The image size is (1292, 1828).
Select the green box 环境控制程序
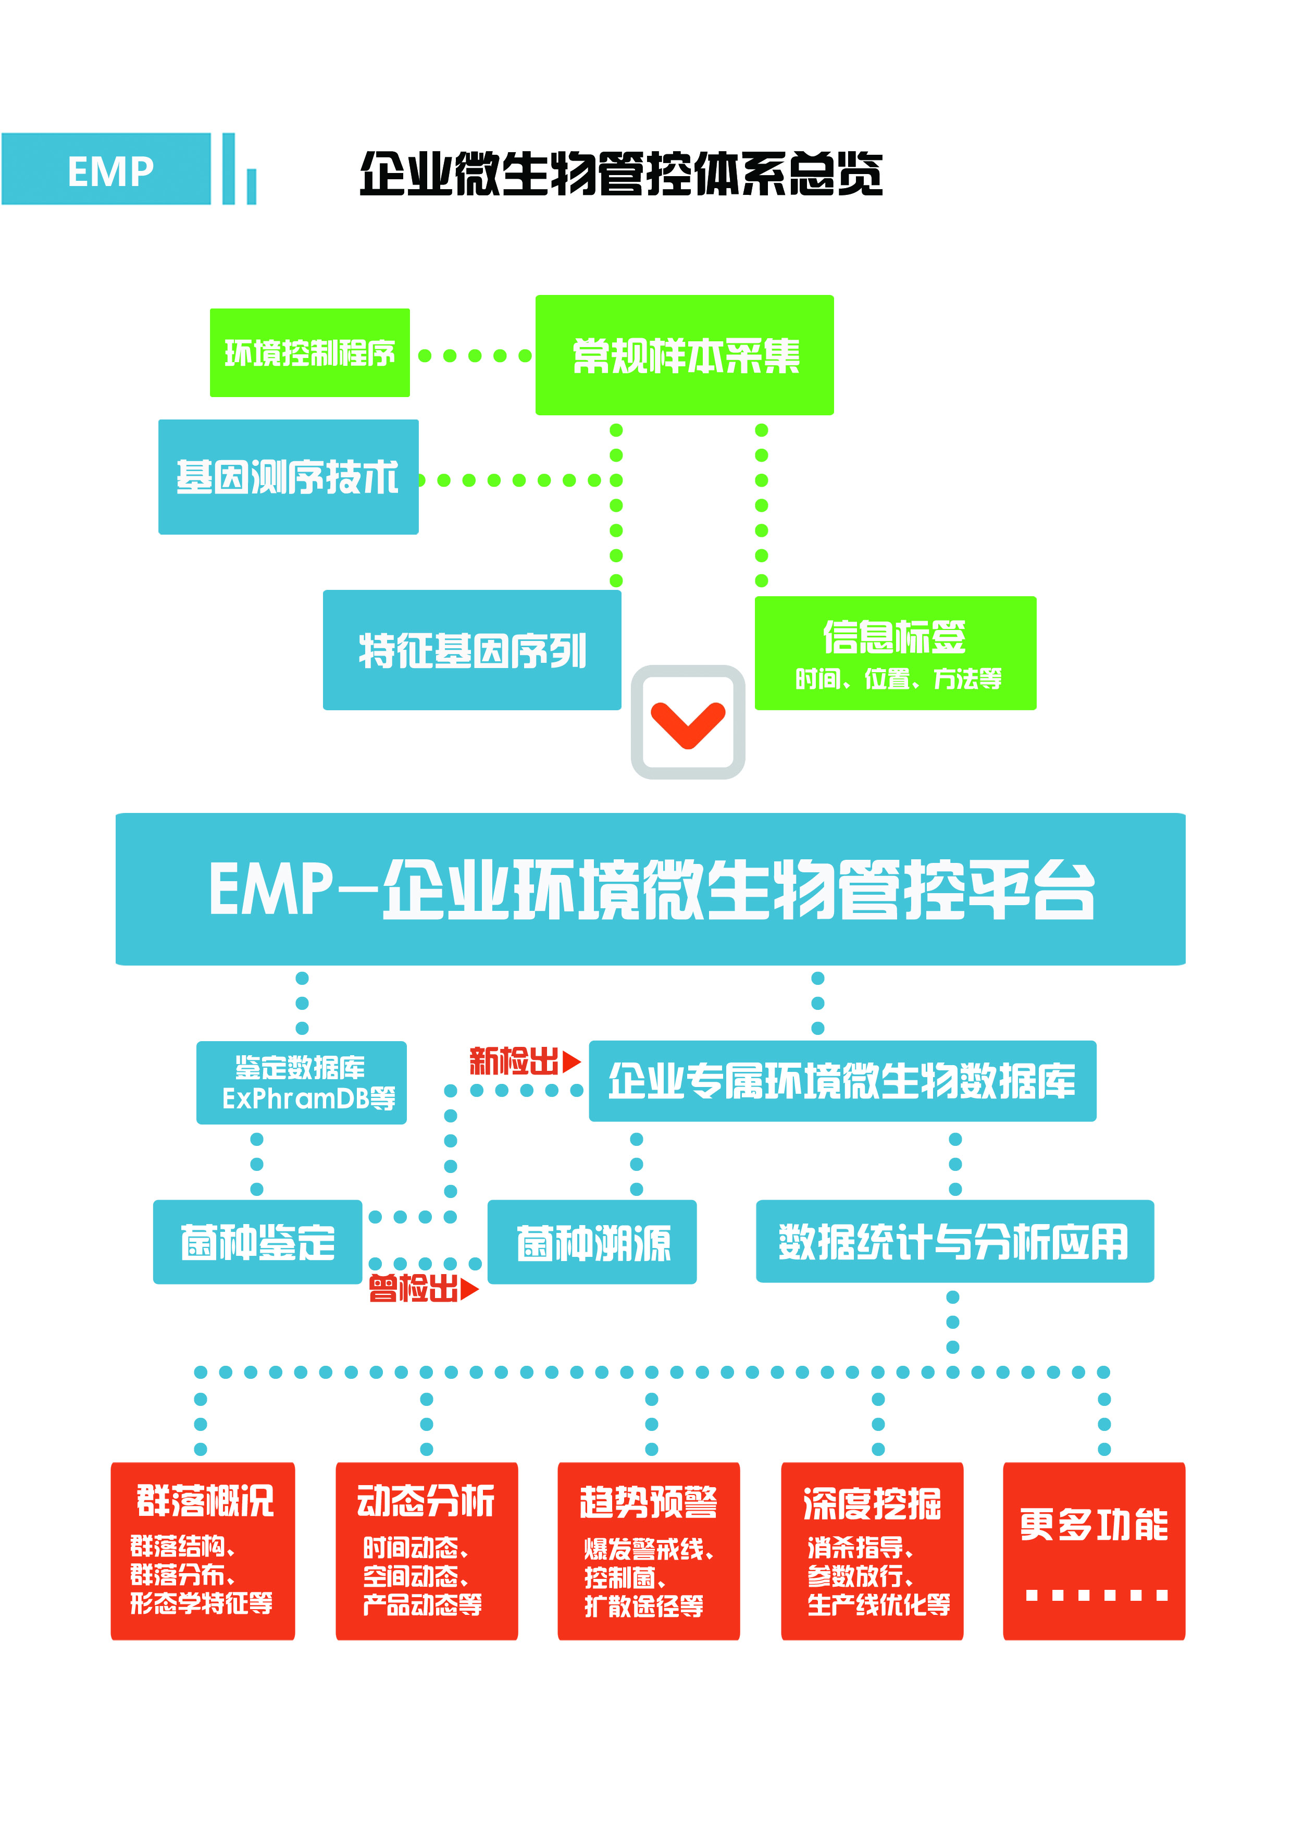click(x=309, y=353)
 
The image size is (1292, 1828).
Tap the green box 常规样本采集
click(x=685, y=355)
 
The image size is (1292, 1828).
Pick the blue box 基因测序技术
click(x=288, y=477)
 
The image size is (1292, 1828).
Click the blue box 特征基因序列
click(x=472, y=650)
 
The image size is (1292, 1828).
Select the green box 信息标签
click(x=896, y=653)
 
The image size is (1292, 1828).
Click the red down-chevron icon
click(x=688, y=723)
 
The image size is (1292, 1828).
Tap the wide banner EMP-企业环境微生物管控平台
click(x=650, y=890)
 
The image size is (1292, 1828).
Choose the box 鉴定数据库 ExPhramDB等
click(x=302, y=1083)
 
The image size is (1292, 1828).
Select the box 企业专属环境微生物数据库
click(x=842, y=1081)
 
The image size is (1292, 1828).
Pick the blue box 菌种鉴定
click(x=257, y=1242)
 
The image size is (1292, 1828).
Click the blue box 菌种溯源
click(x=592, y=1242)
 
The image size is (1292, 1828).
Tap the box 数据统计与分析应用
click(x=954, y=1241)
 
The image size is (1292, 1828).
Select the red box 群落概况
click(x=203, y=1551)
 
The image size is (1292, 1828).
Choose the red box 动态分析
click(x=427, y=1551)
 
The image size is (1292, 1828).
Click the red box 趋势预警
click(x=649, y=1551)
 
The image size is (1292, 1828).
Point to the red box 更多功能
click(x=1094, y=1551)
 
